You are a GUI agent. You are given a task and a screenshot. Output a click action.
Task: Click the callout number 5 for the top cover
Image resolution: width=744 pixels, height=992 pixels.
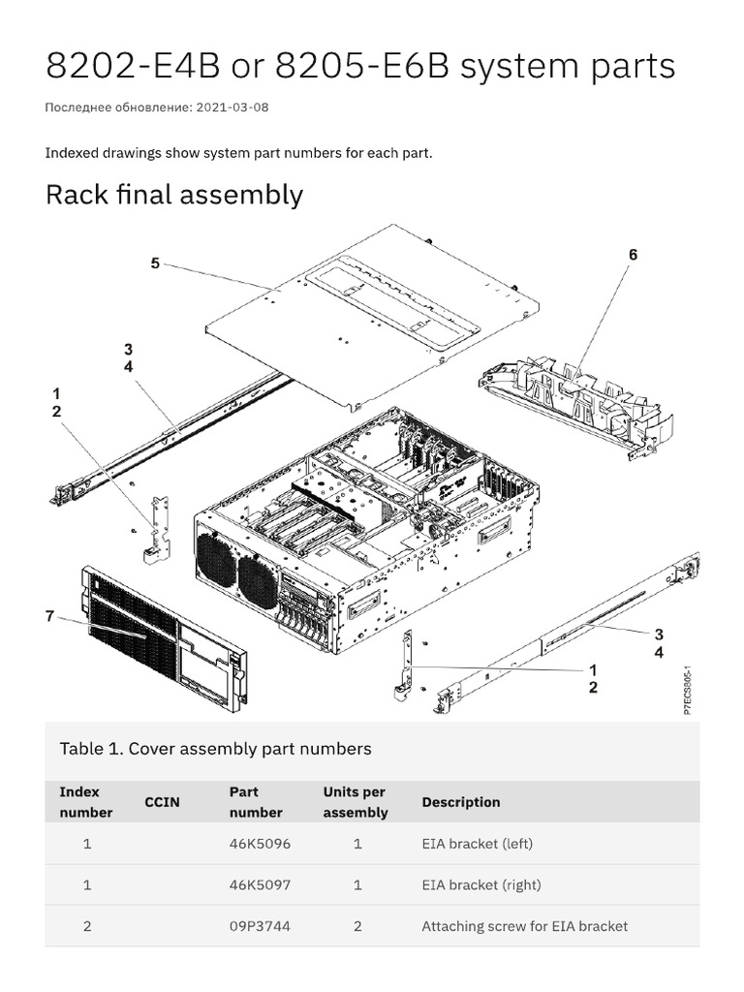tap(155, 263)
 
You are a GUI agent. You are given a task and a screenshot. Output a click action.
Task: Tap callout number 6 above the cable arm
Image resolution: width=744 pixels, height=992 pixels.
tap(633, 255)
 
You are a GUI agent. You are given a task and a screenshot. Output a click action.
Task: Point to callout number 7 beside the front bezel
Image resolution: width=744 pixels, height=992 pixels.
tap(49, 616)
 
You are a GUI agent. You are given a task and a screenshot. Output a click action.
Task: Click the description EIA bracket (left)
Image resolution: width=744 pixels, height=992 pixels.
tap(477, 844)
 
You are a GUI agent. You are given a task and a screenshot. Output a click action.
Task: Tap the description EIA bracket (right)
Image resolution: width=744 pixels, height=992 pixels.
tap(480, 884)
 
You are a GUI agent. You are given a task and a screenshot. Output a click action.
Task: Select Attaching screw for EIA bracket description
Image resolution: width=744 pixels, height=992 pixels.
tap(524, 926)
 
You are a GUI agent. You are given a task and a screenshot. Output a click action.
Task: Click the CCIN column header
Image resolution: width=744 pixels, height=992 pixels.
tap(162, 802)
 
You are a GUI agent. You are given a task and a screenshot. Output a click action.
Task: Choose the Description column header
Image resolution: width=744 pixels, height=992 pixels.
tap(461, 802)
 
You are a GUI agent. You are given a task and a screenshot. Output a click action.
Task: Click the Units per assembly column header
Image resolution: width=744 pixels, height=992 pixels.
tap(355, 802)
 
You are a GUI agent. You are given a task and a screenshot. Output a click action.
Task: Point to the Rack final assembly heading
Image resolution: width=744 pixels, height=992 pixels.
tap(174, 195)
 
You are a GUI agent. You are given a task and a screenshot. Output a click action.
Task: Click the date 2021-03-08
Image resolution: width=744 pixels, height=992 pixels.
tap(232, 108)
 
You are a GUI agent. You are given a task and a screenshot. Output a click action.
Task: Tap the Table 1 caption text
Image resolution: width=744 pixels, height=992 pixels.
tap(215, 749)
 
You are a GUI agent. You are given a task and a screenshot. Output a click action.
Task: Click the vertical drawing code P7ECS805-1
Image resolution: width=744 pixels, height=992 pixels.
tap(687, 691)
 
